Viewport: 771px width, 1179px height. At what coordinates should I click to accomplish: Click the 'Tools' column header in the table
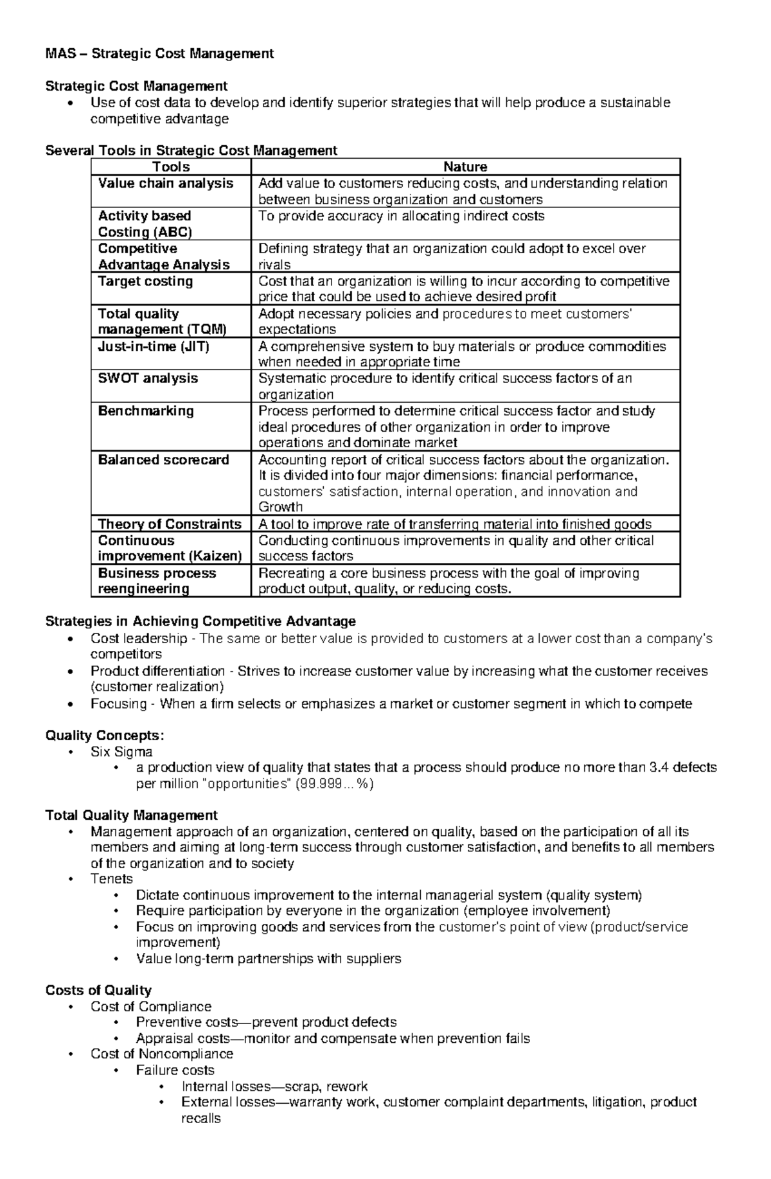[x=170, y=167]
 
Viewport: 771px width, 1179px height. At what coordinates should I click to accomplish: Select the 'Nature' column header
[x=465, y=167]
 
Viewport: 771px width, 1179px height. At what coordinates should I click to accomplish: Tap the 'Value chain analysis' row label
[x=165, y=184]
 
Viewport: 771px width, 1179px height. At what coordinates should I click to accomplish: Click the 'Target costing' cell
[x=145, y=281]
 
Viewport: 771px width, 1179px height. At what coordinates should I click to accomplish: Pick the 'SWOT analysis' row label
[x=148, y=378]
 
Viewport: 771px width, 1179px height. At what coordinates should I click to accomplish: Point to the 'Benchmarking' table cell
[x=146, y=411]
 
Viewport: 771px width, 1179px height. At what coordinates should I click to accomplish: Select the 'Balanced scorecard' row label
[x=163, y=460]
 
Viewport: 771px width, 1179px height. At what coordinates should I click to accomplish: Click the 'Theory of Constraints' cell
[x=170, y=524]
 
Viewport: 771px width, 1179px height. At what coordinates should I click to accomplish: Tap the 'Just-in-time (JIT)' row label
[x=154, y=346]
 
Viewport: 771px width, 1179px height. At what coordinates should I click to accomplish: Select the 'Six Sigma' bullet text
[x=121, y=752]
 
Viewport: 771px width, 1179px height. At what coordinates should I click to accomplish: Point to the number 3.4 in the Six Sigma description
[x=660, y=768]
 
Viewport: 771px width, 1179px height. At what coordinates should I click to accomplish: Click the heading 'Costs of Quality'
[x=98, y=990]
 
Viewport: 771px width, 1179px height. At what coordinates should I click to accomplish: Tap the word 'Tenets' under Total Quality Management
[x=112, y=879]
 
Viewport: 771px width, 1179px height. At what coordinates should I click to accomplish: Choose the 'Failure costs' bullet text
[x=175, y=1070]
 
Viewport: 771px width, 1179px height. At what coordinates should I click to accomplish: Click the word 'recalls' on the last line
[x=200, y=1119]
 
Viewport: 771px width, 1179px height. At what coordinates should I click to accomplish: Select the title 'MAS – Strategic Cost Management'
[x=159, y=54]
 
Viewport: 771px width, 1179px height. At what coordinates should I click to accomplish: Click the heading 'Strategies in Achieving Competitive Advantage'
[x=200, y=621]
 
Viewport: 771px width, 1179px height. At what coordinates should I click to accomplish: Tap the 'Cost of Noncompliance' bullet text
[x=161, y=1054]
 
